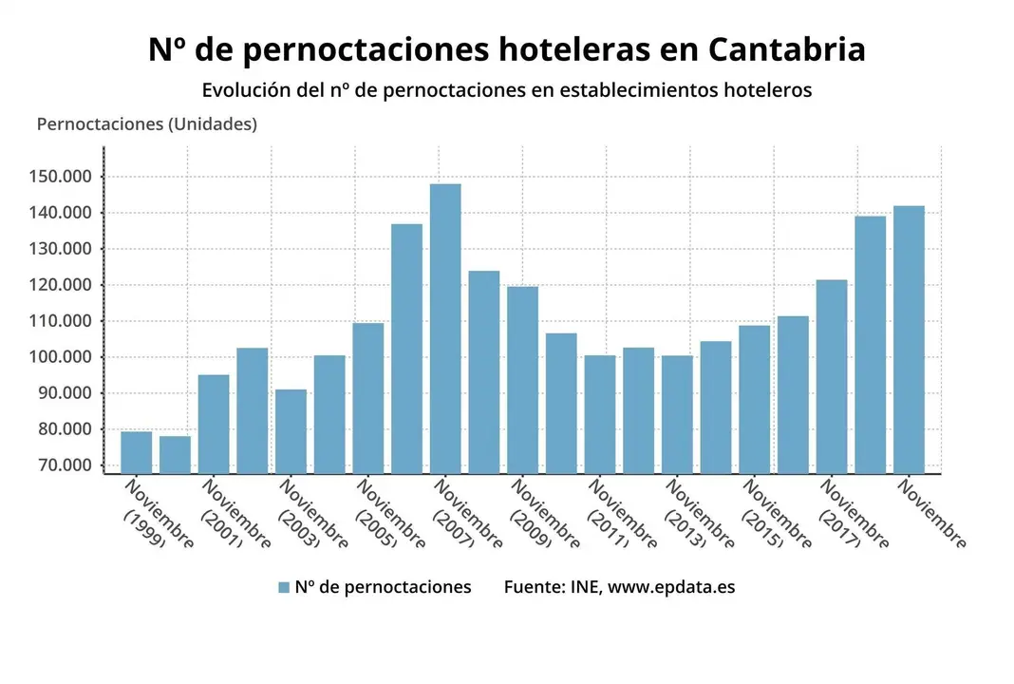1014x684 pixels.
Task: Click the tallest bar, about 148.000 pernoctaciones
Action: click(x=445, y=328)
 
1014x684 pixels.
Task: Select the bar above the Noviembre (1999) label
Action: click(x=136, y=452)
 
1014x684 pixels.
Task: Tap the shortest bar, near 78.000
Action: click(x=175, y=454)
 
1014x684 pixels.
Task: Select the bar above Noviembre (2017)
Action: click(x=832, y=376)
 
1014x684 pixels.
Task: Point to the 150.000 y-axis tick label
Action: click(x=60, y=177)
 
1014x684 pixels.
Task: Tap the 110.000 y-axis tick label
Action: click(x=60, y=321)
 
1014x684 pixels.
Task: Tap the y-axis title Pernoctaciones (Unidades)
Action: click(x=146, y=124)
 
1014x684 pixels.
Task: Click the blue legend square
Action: click(x=283, y=587)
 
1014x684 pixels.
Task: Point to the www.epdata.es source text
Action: click(x=671, y=587)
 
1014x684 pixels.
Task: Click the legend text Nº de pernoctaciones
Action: click(x=383, y=587)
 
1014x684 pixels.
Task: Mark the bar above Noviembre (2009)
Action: click(x=522, y=379)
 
